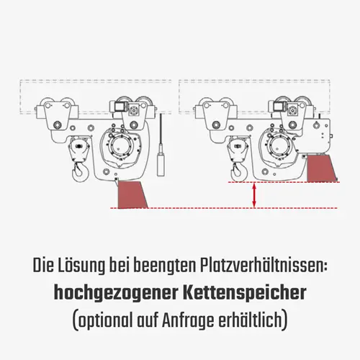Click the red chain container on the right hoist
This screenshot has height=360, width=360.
[x=320, y=170]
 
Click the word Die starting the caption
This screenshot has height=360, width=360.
[x=45, y=266]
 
